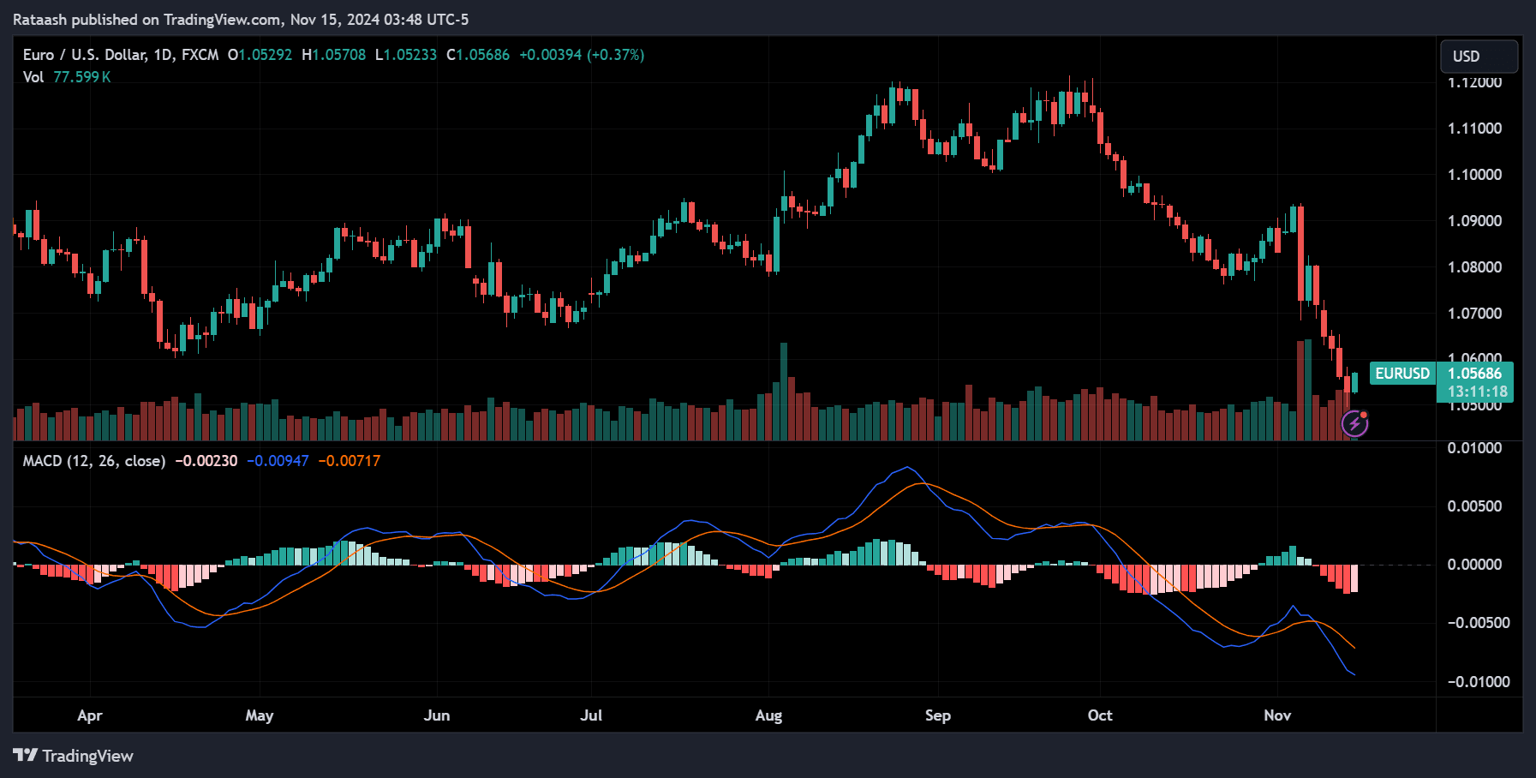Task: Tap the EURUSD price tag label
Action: [1402, 374]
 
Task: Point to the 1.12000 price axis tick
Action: [1474, 83]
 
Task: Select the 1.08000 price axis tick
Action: [1474, 267]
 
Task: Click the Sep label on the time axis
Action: [937, 715]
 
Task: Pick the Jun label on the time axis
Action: [436, 715]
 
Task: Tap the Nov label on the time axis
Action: [1276, 715]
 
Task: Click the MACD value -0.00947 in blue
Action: [278, 461]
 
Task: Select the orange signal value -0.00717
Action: [349, 461]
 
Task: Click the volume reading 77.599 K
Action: [81, 77]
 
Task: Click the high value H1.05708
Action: [334, 55]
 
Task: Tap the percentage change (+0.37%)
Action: [615, 55]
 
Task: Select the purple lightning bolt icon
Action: [1354, 423]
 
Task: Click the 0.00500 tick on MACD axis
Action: [1474, 506]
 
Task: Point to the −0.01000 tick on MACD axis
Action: [1478, 682]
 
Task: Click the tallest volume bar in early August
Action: [783, 391]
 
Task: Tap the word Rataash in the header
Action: [40, 20]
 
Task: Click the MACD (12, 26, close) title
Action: [94, 461]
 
